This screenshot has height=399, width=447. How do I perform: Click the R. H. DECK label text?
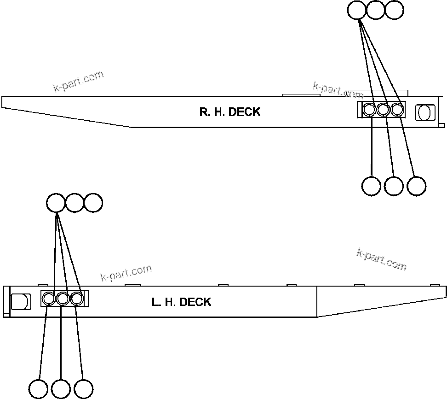pos(229,112)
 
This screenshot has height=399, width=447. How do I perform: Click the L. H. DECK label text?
pos(181,302)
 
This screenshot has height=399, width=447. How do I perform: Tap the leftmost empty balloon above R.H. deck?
pos(356,10)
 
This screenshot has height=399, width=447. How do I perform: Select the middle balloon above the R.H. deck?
pos(375,10)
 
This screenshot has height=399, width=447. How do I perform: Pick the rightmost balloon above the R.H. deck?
pos(394,10)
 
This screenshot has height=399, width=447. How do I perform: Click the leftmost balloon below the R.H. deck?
pos(371,186)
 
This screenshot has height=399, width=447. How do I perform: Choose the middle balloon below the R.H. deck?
pos(394,186)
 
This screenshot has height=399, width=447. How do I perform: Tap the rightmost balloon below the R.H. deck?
pos(416,186)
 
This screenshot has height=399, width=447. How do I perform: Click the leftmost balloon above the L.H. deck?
pos(56,203)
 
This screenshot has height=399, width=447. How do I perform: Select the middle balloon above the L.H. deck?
pos(74,203)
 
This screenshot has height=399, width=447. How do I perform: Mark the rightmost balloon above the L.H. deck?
pos(93,203)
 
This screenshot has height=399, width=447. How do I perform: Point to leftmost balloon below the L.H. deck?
pos(38,388)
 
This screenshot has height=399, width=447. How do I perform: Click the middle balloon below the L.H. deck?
pos(61,388)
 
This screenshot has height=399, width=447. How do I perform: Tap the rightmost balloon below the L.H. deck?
pos(83,388)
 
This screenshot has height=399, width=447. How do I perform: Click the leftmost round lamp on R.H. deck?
pos(369,110)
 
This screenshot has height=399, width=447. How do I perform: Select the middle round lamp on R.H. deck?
pos(383,110)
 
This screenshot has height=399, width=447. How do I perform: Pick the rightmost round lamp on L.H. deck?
pos(77,299)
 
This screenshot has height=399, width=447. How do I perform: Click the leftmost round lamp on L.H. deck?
pos(48,299)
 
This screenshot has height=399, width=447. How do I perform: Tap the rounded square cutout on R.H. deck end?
pos(425,112)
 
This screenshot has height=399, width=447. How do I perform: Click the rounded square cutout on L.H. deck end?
pos(21,302)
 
